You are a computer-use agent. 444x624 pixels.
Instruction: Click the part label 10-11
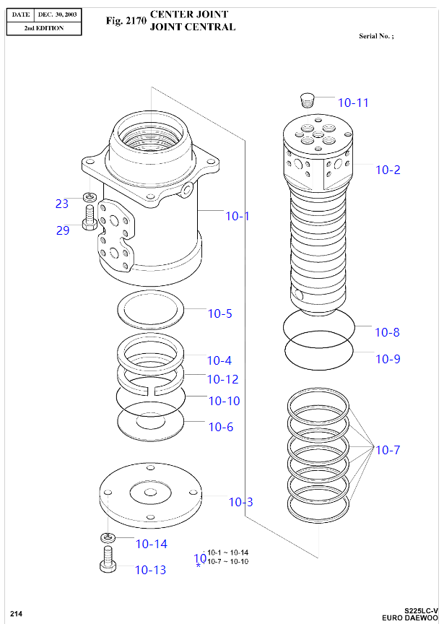point(353,103)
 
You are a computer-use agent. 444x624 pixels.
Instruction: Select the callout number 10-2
point(387,170)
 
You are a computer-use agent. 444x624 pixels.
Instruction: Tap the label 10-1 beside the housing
point(237,216)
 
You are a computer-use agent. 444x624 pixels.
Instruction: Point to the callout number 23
point(62,204)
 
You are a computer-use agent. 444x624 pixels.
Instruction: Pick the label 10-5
point(220,313)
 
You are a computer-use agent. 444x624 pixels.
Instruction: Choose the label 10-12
point(222,379)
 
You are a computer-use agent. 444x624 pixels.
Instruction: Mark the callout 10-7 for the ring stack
point(387,450)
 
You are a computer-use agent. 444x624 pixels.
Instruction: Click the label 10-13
point(150,570)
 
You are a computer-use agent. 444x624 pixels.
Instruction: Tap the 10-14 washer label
point(151,544)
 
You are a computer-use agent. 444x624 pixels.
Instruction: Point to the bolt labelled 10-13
point(107,559)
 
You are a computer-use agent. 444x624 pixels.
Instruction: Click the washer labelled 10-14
point(107,537)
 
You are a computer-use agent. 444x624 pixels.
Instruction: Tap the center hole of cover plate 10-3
point(150,493)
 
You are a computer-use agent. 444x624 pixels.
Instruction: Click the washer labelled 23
point(90,196)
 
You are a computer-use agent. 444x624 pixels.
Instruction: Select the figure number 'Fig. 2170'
point(126,20)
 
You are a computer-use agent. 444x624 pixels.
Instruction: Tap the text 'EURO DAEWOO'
point(410,617)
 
